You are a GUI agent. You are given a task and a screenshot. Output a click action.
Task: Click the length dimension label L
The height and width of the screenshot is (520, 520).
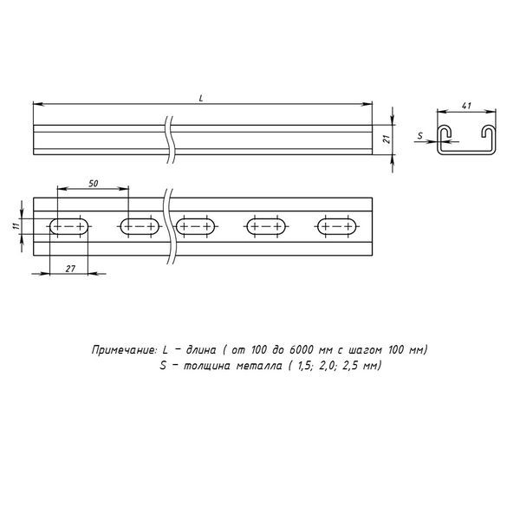[x=201, y=98]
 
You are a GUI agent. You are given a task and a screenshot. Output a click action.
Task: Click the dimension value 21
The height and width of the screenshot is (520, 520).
[x=387, y=137]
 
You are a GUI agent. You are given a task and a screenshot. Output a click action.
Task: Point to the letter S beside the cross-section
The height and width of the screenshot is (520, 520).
[x=419, y=135]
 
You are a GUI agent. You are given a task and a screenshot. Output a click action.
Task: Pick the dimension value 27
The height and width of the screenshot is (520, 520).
[x=72, y=270]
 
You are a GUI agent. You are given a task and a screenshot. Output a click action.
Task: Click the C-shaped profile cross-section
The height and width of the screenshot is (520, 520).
[x=469, y=140]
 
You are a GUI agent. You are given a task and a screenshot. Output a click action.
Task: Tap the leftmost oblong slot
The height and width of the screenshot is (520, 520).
[x=69, y=227]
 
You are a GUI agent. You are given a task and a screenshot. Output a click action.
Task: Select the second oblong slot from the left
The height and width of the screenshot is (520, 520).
[x=139, y=227]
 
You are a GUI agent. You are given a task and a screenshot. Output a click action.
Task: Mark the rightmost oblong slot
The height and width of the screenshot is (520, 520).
[x=336, y=227]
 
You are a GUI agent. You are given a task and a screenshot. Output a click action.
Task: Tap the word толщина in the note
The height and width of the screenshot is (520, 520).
[x=198, y=366]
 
